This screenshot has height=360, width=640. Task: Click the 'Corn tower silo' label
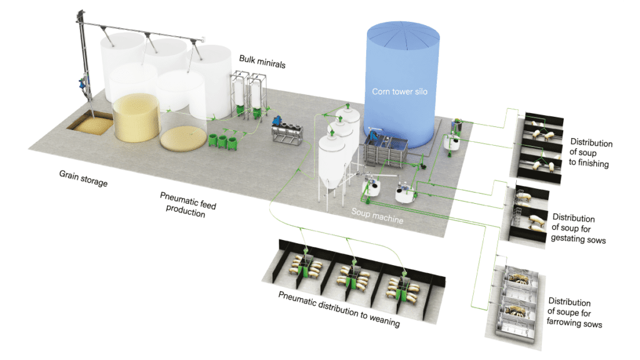pyautogui.click(x=398, y=91)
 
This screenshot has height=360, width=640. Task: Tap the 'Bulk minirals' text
pyautogui.click(x=262, y=61)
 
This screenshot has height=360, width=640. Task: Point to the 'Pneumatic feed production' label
pyautogui.click(x=185, y=204)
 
